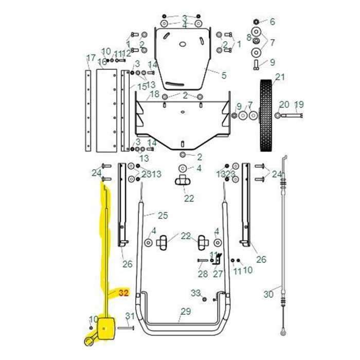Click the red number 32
[123, 293]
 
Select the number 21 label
[279, 78]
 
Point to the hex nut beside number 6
[256, 22]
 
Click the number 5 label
[224, 76]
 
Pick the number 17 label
[91, 58]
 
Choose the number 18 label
[154, 95]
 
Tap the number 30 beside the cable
[268, 295]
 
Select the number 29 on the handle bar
[186, 311]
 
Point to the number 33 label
[195, 293]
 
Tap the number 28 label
[203, 274]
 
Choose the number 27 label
[218, 274]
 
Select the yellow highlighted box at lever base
[108, 328]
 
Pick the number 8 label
[249, 37]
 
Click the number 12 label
[126, 54]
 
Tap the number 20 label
[284, 104]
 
